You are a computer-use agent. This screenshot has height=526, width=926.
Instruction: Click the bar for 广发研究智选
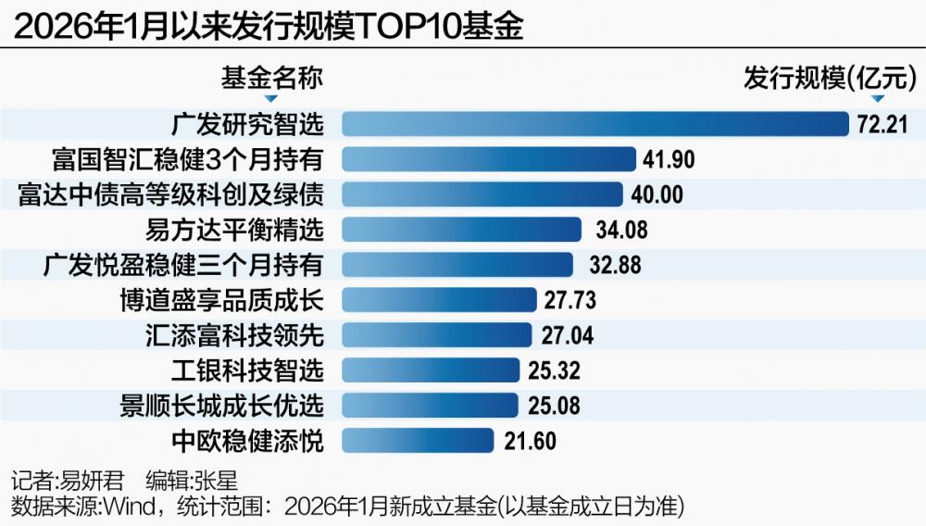pyautogui.click(x=595, y=124)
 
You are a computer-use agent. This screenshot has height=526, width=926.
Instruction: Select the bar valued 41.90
pyautogui.click(x=489, y=159)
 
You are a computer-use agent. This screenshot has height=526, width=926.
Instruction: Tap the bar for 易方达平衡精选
pyautogui.click(x=461, y=230)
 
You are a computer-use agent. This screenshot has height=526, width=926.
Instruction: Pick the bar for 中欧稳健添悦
pyautogui.click(x=418, y=441)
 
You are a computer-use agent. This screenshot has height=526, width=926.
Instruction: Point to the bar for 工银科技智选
pyautogui.click(x=431, y=370)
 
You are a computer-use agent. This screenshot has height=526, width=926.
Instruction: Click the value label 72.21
pyautogui.click(x=882, y=124)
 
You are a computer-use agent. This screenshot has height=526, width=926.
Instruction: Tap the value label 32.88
pyautogui.click(x=615, y=265)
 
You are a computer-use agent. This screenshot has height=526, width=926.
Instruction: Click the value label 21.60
pyautogui.click(x=531, y=441)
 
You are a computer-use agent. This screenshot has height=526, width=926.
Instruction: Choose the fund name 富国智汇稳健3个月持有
pyautogui.click(x=187, y=159)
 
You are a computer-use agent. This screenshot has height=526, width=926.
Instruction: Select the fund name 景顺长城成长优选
pyautogui.click(x=222, y=406)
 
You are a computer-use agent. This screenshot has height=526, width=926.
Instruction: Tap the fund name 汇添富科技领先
pyautogui.click(x=235, y=335)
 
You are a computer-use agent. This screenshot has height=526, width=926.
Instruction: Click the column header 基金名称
pyautogui.click(x=271, y=78)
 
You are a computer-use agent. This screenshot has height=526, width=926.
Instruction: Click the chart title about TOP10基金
pyautogui.click(x=269, y=28)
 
